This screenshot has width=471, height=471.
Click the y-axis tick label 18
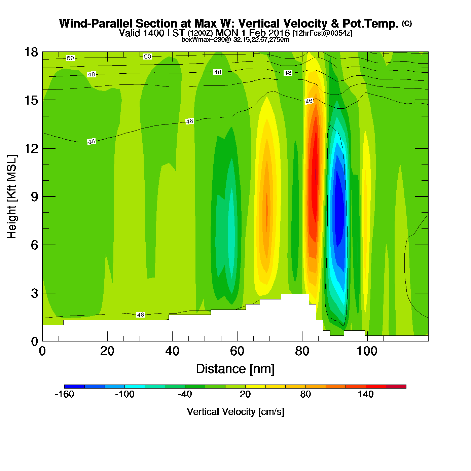(31, 52)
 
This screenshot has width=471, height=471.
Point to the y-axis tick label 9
(34, 196)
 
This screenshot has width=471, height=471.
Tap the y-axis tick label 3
(34, 293)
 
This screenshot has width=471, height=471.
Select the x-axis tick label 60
(237, 351)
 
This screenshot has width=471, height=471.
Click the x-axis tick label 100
(367, 351)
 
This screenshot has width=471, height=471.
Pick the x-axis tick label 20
(107, 351)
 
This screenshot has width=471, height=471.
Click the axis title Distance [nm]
(235, 369)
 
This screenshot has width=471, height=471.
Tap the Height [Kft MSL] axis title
(12, 197)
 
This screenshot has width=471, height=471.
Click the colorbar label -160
(64, 394)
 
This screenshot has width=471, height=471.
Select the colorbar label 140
(366, 394)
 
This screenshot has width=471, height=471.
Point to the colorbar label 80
(305, 394)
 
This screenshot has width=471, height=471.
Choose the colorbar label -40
(185, 394)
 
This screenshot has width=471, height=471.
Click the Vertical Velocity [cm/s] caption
(235, 411)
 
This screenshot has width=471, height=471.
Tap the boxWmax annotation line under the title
(235, 39)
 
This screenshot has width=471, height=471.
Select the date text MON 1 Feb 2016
(253, 33)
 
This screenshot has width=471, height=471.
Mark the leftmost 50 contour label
(70, 58)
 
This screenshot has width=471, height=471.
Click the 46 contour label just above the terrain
(140, 315)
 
